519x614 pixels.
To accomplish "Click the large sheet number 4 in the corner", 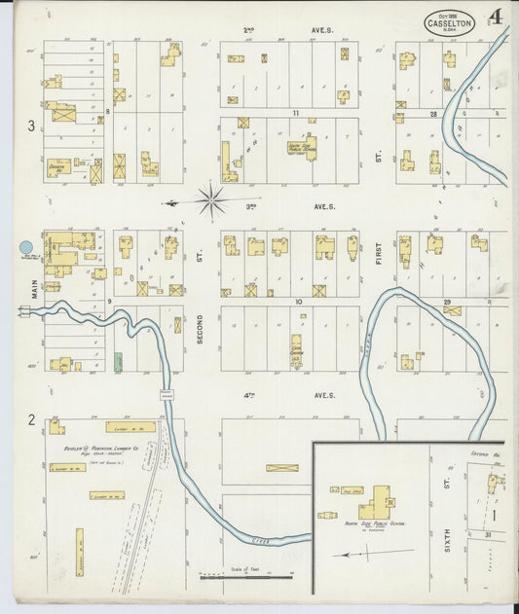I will pos(497,17).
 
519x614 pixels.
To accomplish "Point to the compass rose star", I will pos(211,200).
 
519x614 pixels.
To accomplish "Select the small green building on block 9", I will pos(118,361).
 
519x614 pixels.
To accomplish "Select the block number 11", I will pos(294,114).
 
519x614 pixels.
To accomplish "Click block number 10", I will pos(298,302).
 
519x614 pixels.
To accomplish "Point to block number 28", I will pos(433,114).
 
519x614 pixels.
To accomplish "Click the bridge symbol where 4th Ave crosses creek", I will pos(167,394).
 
